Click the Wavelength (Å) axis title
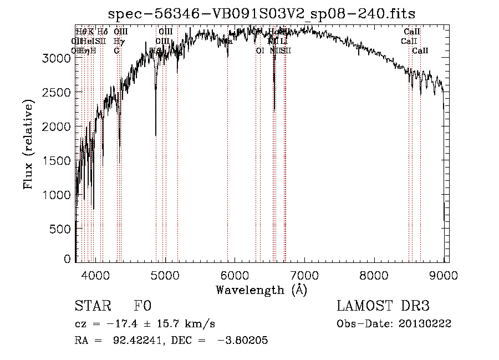click(x=261, y=290)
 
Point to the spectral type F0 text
click(x=142, y=307)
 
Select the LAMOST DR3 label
click(x=383, y=307)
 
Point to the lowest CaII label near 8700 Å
click(x=420, y=51)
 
